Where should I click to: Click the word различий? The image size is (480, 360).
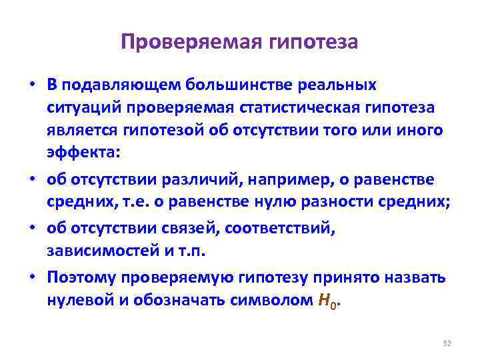coord(180,179)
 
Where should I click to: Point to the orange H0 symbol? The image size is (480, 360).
coord(325,301)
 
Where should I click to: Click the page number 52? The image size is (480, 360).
coord(447,343)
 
